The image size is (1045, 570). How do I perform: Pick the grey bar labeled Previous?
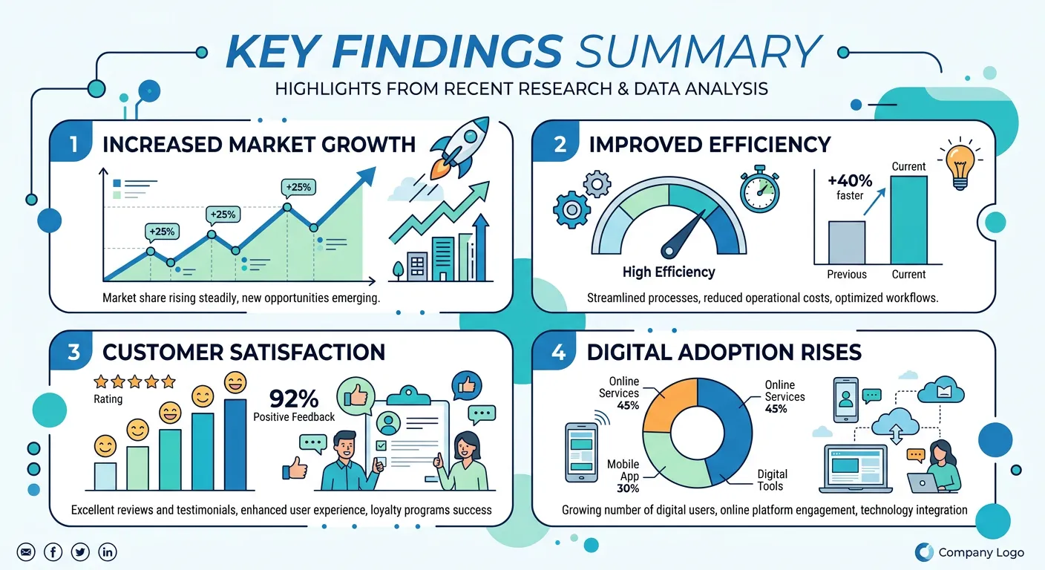point(847,242)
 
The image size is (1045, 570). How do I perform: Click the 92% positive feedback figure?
point(294,399)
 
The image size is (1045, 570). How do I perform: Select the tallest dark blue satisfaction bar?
point(235,445)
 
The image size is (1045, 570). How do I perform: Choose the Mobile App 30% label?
point(623,476)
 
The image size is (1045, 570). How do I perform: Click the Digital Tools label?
point(772,480)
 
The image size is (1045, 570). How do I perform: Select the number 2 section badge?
point(560,144)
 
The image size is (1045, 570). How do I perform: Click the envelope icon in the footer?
point(26,551)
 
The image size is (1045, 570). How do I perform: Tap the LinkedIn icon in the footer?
point(108,551)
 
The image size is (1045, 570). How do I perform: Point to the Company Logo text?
point(980,552)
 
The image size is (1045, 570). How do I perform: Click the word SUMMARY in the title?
point(698,52)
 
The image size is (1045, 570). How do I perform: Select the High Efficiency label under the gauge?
point(669,272)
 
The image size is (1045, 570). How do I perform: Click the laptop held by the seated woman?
point(923,484)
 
